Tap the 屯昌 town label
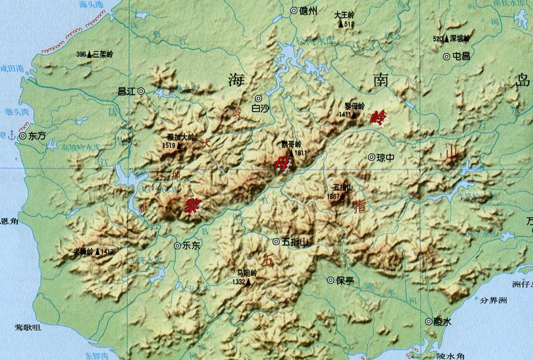point(461,56)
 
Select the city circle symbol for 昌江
point(141,91)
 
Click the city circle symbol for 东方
point(23,136)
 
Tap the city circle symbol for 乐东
point(177,245)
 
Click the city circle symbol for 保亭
point(331,280)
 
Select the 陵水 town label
point(442,321)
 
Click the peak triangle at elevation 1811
point(291,153)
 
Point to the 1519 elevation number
point(169,145)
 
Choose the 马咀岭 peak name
point(247,273)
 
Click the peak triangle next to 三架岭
point(89,54)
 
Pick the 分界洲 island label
point(493,301)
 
